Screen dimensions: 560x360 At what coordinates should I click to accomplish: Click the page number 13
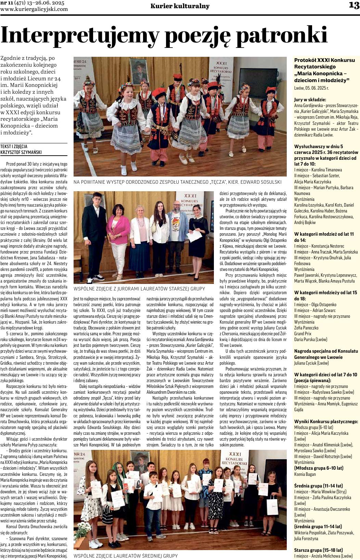(354, 5)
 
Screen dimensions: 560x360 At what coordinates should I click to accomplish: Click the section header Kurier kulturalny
(180, 6)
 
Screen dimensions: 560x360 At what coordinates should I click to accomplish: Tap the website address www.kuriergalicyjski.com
(34, 9)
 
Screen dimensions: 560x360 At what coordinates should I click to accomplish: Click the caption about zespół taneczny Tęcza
(178, 182)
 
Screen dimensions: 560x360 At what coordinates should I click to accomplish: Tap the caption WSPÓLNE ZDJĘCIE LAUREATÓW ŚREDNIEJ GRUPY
(126, 556)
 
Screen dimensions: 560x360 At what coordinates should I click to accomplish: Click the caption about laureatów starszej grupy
(139, 289)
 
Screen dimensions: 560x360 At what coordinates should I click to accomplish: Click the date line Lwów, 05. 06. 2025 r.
(311, 88)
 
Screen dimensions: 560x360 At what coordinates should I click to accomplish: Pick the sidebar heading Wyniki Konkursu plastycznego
(326, 421)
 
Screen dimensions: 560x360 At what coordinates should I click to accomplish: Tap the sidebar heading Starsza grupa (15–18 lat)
(318, 550)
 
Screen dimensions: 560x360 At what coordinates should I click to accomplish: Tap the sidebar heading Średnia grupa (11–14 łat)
(318, 486)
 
